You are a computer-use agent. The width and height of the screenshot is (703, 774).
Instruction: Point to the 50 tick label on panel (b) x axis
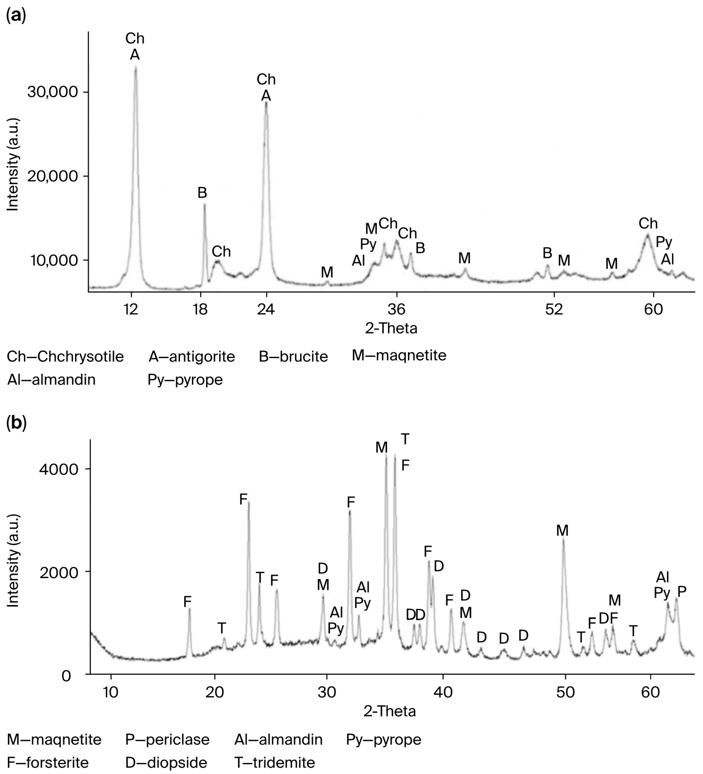coord(565,691)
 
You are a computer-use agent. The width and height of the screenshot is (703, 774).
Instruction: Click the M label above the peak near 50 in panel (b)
coord(562,531)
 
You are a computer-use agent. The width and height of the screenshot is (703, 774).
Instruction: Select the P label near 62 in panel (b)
coord(682,592)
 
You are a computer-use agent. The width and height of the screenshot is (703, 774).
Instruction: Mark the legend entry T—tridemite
coord(275,762)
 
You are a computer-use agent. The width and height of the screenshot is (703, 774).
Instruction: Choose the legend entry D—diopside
coord(166,762)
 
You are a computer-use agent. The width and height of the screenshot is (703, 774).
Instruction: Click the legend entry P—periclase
coord(167,739)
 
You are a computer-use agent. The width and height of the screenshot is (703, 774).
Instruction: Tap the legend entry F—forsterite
coord(48,762)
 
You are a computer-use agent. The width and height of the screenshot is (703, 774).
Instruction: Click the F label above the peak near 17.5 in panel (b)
coord(187,602)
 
